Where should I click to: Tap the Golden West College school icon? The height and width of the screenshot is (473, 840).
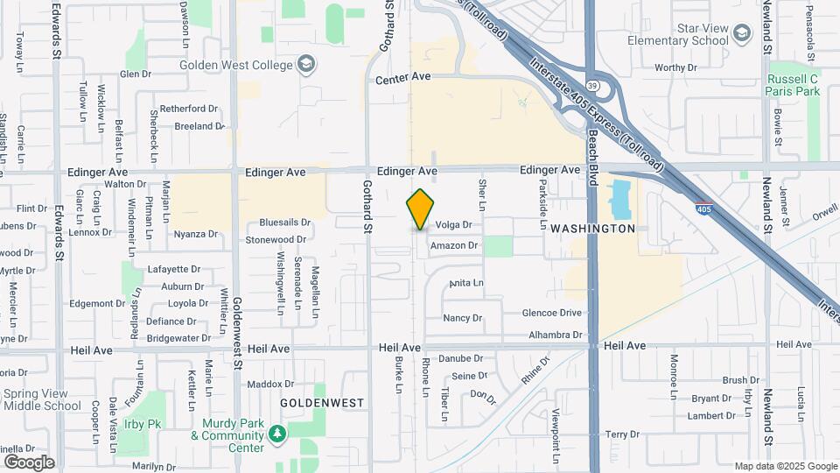coord(306,64)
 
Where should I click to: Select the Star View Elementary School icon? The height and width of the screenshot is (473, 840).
coord(742,34)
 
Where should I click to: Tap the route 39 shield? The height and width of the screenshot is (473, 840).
coord(592,86)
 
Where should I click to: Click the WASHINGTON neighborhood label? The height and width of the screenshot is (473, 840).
coord(592,229)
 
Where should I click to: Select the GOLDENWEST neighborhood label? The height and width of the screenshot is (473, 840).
coord(322,403)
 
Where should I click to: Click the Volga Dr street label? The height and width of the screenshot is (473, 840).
coord(453,225)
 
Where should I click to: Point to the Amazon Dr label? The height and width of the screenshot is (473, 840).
coord(454,246)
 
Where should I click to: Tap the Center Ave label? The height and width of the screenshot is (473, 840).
coord(403,78)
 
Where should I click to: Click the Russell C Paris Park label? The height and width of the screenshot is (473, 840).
coord(793,85)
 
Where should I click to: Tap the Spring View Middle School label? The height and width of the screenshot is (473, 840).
coord(41,400)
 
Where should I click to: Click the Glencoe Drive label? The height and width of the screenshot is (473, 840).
coord(552,313)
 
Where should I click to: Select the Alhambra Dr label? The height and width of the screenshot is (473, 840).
coord(556,335)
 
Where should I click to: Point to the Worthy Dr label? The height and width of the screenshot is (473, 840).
coord(675,67)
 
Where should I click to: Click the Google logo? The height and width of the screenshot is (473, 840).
coord(29,462)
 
